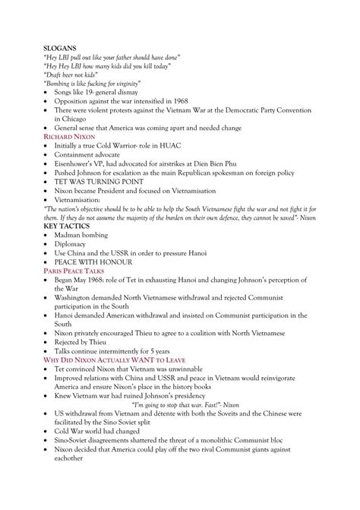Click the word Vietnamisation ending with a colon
(x=93, y=199)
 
